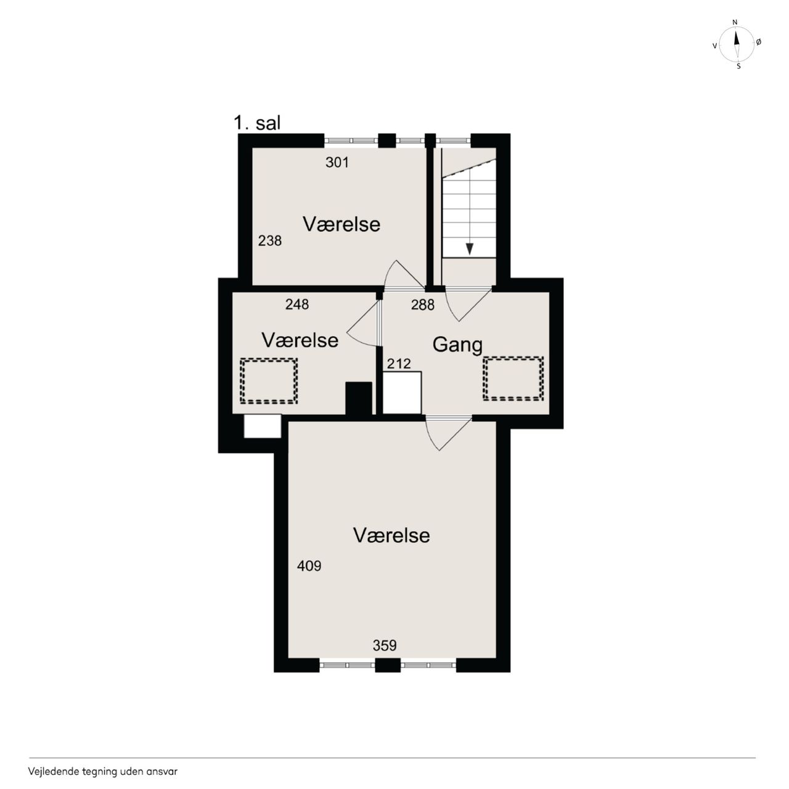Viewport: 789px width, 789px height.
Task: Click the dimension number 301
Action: tap(337, 163)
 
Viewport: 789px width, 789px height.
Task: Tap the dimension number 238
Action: tap(270, 241)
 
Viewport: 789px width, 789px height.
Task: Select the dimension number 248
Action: tap(297, 305)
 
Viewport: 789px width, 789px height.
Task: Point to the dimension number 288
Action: tap(423, 305)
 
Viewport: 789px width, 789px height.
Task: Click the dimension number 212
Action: tap(398, 364)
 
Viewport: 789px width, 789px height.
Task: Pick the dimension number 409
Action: tap(309, 566)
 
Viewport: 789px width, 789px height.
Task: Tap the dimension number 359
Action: tap(385, 645)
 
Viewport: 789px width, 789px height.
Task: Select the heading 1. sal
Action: tap(257, 123)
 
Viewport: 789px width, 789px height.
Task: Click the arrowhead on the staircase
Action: tap(470, 249)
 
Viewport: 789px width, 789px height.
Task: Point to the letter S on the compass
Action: tap(738, 67)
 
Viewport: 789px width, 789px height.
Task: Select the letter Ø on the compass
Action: tap(758, 42)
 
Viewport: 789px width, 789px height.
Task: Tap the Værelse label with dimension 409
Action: tap(391, 536)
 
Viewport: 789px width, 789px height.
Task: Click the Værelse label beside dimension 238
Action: tap(341, 224)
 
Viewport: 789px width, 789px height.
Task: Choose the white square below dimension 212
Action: tap(402, 393)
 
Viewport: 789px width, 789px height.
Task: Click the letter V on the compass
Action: tap(715, 46)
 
